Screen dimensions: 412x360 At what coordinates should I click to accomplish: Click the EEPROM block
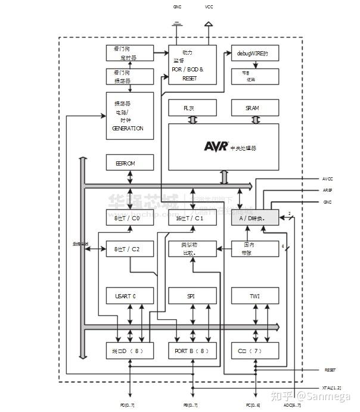point(129,163)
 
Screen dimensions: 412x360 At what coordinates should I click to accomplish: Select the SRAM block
point(255,108)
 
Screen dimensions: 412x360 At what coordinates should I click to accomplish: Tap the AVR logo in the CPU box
point(216,146)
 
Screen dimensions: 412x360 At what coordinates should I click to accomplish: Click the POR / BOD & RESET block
point(191,64)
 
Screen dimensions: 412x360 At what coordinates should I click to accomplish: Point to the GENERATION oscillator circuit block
point(129,116)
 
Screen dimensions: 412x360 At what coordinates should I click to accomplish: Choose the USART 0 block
point(129,295)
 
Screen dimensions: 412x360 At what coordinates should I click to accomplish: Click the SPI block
point(191,295)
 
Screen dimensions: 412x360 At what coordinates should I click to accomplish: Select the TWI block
point(255,295)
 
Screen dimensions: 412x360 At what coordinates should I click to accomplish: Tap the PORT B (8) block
point(191,351)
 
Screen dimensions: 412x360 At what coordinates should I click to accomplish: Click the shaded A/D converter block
point(255,218)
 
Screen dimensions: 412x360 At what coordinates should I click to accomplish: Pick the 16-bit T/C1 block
point(191,218)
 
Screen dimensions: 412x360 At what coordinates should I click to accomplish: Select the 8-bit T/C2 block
point(129,249)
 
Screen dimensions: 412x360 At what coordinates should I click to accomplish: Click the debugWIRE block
point(255,54)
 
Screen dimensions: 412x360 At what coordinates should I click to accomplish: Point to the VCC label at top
point(209,7)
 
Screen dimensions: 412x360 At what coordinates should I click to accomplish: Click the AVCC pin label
point(327,179)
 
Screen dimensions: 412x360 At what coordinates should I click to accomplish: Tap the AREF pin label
point(327,191)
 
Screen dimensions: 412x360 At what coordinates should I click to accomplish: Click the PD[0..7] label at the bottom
point(128,405)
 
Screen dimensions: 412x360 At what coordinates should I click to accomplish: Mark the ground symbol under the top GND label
point(177,24)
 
